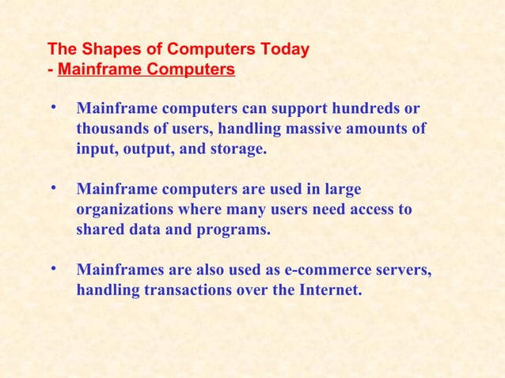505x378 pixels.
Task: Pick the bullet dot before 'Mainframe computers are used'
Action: coord(52,188)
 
